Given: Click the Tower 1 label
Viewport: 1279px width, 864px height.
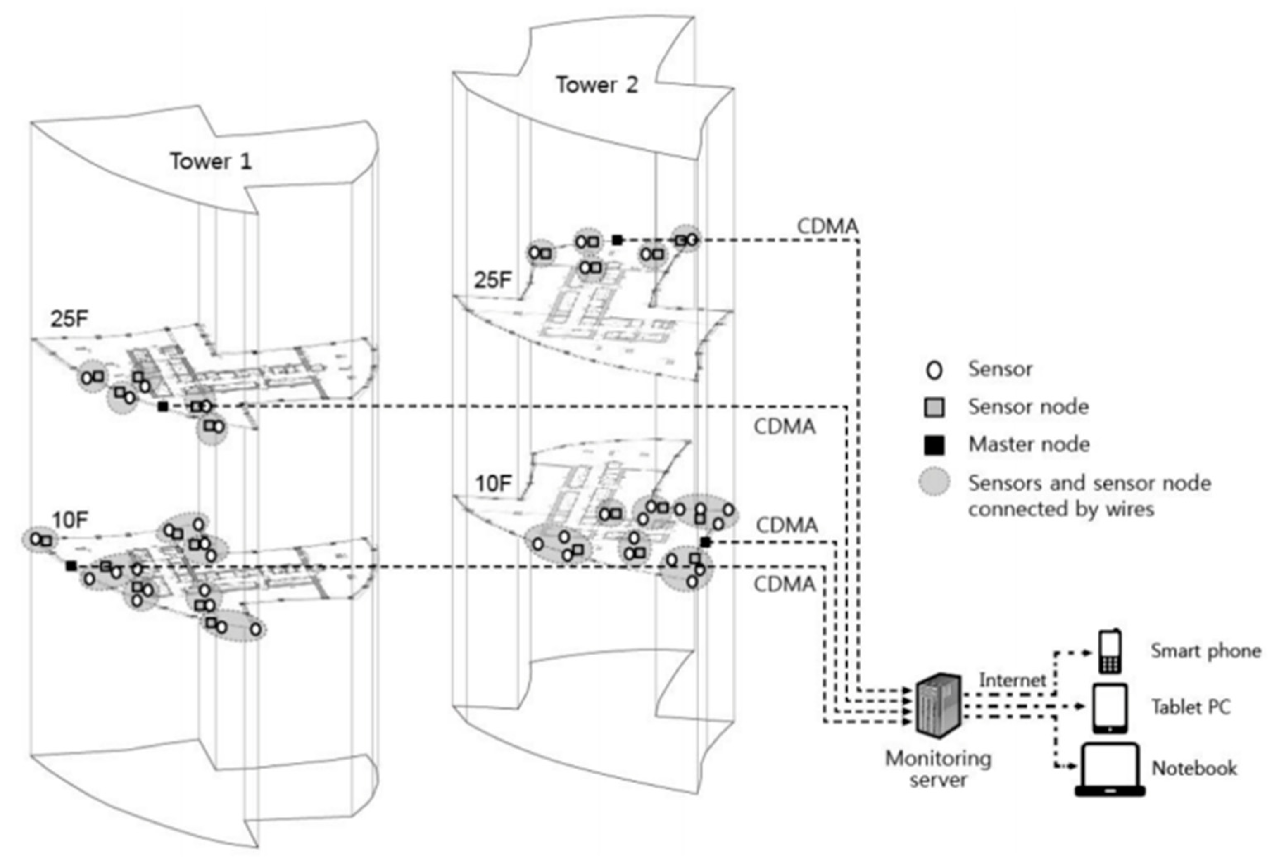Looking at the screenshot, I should coord(210,161).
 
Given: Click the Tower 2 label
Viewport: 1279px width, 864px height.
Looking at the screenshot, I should coord(597,85).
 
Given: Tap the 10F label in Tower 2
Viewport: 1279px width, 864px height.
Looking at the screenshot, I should coord(494,484).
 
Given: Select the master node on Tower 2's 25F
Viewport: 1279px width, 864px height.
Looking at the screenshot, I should coord(617,240).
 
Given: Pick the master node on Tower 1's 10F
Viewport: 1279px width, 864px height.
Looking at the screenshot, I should coord(71,566).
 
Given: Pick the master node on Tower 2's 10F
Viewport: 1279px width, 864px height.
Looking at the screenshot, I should coord(706,543).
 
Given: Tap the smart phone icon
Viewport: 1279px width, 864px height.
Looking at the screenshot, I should coord(1110,652).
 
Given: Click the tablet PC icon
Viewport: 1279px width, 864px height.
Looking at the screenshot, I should coord(1110,708).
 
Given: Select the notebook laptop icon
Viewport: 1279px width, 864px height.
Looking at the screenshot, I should coord(1110,769).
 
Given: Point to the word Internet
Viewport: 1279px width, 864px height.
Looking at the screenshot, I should coord(1012,680).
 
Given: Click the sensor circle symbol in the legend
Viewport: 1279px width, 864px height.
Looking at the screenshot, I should coord(934,370).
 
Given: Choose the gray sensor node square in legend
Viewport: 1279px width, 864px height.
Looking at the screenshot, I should coord(934,407).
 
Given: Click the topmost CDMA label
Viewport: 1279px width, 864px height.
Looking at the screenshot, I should coord(827,226).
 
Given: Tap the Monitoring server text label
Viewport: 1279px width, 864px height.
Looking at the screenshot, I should coord(938,769).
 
